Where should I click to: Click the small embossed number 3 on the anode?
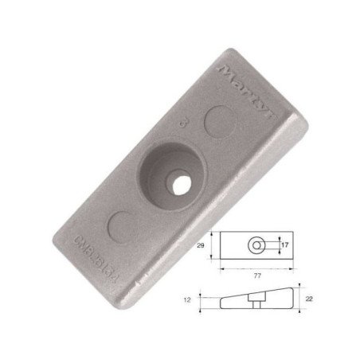185,126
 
